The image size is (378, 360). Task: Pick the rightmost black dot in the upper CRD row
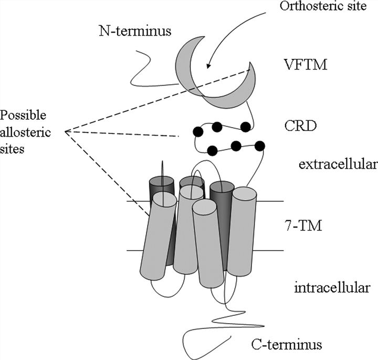point(245,126)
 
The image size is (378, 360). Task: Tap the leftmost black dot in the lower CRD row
point(212,151)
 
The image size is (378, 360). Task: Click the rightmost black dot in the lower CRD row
point(259,145)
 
